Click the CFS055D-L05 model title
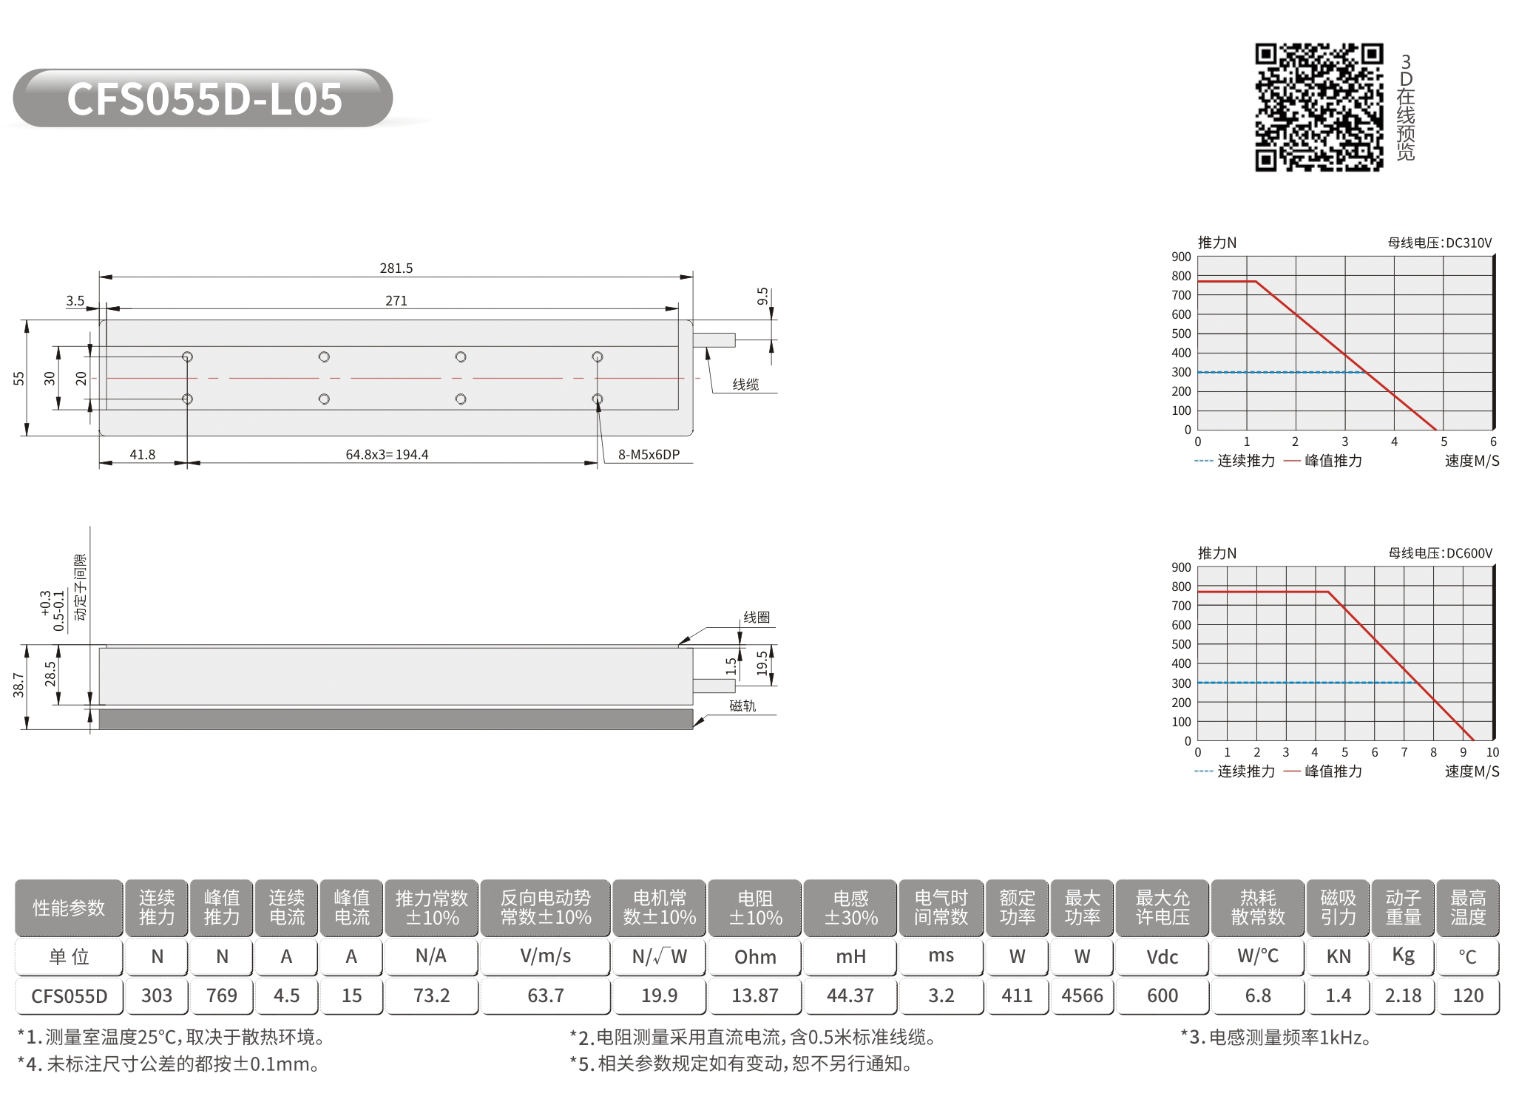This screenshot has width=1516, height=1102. [204, 98]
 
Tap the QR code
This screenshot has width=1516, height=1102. [1319, 107]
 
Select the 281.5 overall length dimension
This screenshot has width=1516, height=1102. [396, 268]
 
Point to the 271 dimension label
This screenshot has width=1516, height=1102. [396, 300]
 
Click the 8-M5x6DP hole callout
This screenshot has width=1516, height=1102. [649, 454]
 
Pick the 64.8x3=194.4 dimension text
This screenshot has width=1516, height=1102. [387, 454]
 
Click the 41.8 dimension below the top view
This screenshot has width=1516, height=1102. [143, 454]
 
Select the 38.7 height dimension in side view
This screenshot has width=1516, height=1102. [18, 686]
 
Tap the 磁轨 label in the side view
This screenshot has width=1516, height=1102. [742, 706]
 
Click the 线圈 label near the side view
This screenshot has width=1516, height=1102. [757, 617]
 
